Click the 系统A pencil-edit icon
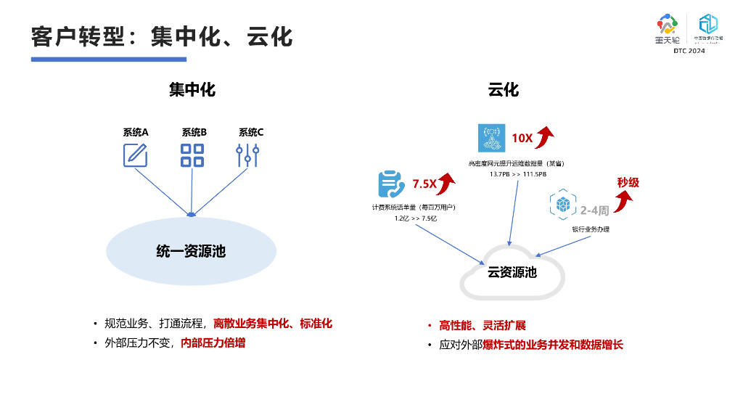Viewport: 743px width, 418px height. tap(135, 156)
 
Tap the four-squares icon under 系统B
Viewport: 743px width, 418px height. tap(192, 156)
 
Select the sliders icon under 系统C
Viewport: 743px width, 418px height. tap(248, 156)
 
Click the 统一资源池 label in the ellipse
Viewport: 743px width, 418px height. tap(191, 251)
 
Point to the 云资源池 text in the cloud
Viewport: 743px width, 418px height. tap(512, 272)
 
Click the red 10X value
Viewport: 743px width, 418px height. tap(522, 138)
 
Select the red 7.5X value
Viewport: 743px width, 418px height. tap(424, 184)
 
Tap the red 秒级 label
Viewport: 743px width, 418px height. tap(628, 182)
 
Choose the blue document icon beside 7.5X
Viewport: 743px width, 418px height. tap(391, 184)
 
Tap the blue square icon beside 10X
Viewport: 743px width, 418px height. tap(491, 138)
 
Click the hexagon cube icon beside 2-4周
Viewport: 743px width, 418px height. tap(562, 206)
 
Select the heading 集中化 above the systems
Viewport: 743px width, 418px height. tap(192, 90)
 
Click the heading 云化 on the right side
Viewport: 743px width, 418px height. tap(503, 90)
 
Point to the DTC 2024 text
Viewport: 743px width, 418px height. tap(689, 51)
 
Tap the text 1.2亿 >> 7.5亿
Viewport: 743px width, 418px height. tap(416, 218)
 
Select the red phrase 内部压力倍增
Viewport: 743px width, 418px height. tap(213, 343)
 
